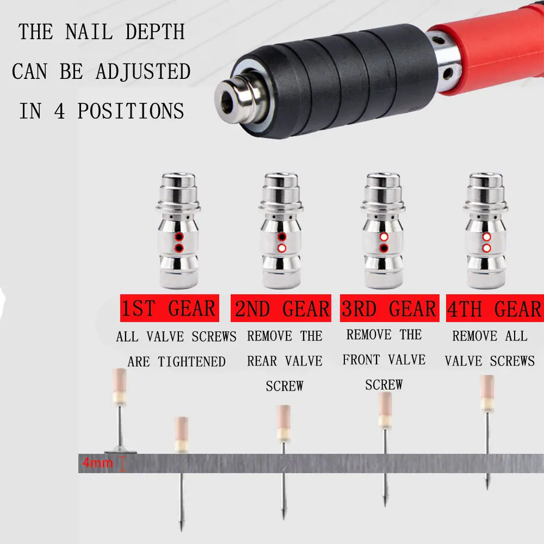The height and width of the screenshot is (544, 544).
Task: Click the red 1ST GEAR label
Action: tap(170, 308)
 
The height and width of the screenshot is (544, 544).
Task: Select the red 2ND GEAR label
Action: tap(281, 308)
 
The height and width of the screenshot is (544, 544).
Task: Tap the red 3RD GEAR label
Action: tap(390, 308)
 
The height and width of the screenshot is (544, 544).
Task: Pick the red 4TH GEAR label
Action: tap(495, 308)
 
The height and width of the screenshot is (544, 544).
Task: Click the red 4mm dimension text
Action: tap(98, 463)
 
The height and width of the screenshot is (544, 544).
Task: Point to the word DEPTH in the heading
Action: tap(155, 32)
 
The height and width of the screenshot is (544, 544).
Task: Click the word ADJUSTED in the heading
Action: tap(143, 71)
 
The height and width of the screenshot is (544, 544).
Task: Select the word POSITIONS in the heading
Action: tap(131, 111)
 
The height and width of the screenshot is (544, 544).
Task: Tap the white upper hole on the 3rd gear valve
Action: tap(384, 237)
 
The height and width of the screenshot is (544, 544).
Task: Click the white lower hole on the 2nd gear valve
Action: tap(282, 248)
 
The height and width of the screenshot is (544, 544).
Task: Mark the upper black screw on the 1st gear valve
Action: tap(179, 237)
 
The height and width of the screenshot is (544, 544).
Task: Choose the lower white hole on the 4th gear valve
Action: tap(487, 248)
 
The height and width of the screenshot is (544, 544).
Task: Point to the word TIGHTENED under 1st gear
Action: tap(191, 362)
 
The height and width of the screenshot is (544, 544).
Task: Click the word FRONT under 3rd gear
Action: tap(361, 360)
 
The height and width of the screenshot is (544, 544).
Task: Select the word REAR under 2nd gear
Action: tap(262, 361)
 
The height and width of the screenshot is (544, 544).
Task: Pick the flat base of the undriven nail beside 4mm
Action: tap(120, 450)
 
